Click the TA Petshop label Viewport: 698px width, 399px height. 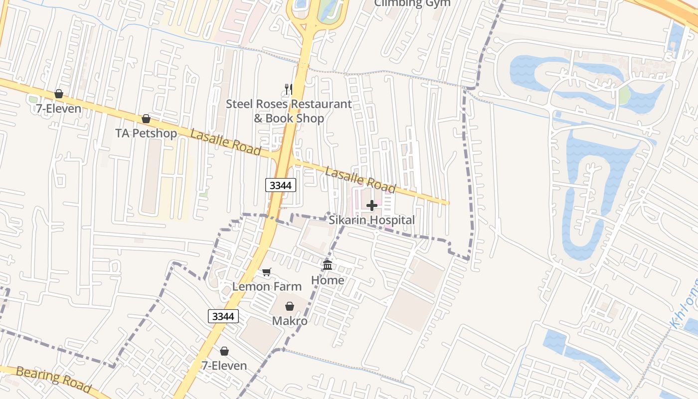pos(146,134)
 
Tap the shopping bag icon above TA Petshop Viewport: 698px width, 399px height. pos(146,119)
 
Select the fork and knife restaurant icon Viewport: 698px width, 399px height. pos(288,89)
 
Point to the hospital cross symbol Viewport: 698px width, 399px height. pos(371,205)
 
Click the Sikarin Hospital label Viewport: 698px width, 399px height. pos(371,220)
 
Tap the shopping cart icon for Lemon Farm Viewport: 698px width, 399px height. pos(267,272)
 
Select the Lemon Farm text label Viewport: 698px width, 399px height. pos(267,286)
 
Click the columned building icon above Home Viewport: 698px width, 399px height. pos(328,265)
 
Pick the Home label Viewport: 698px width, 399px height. pos(328,280)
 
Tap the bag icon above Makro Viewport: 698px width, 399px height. pos(289,306)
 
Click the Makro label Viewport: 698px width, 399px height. pos(289,321)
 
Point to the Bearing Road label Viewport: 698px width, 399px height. pos(53,379)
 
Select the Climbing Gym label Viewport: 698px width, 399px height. pos(412,3)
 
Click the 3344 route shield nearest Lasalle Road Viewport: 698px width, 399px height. pos(281,186)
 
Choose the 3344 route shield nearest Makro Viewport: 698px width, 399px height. pos(223,316)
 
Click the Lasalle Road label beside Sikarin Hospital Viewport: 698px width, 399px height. pos(360,181)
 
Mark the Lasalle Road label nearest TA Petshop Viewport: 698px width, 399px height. pos(225,142)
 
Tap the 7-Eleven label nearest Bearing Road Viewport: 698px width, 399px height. pos(224,366)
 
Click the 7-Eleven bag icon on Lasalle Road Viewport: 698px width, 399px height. pos(59,94)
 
